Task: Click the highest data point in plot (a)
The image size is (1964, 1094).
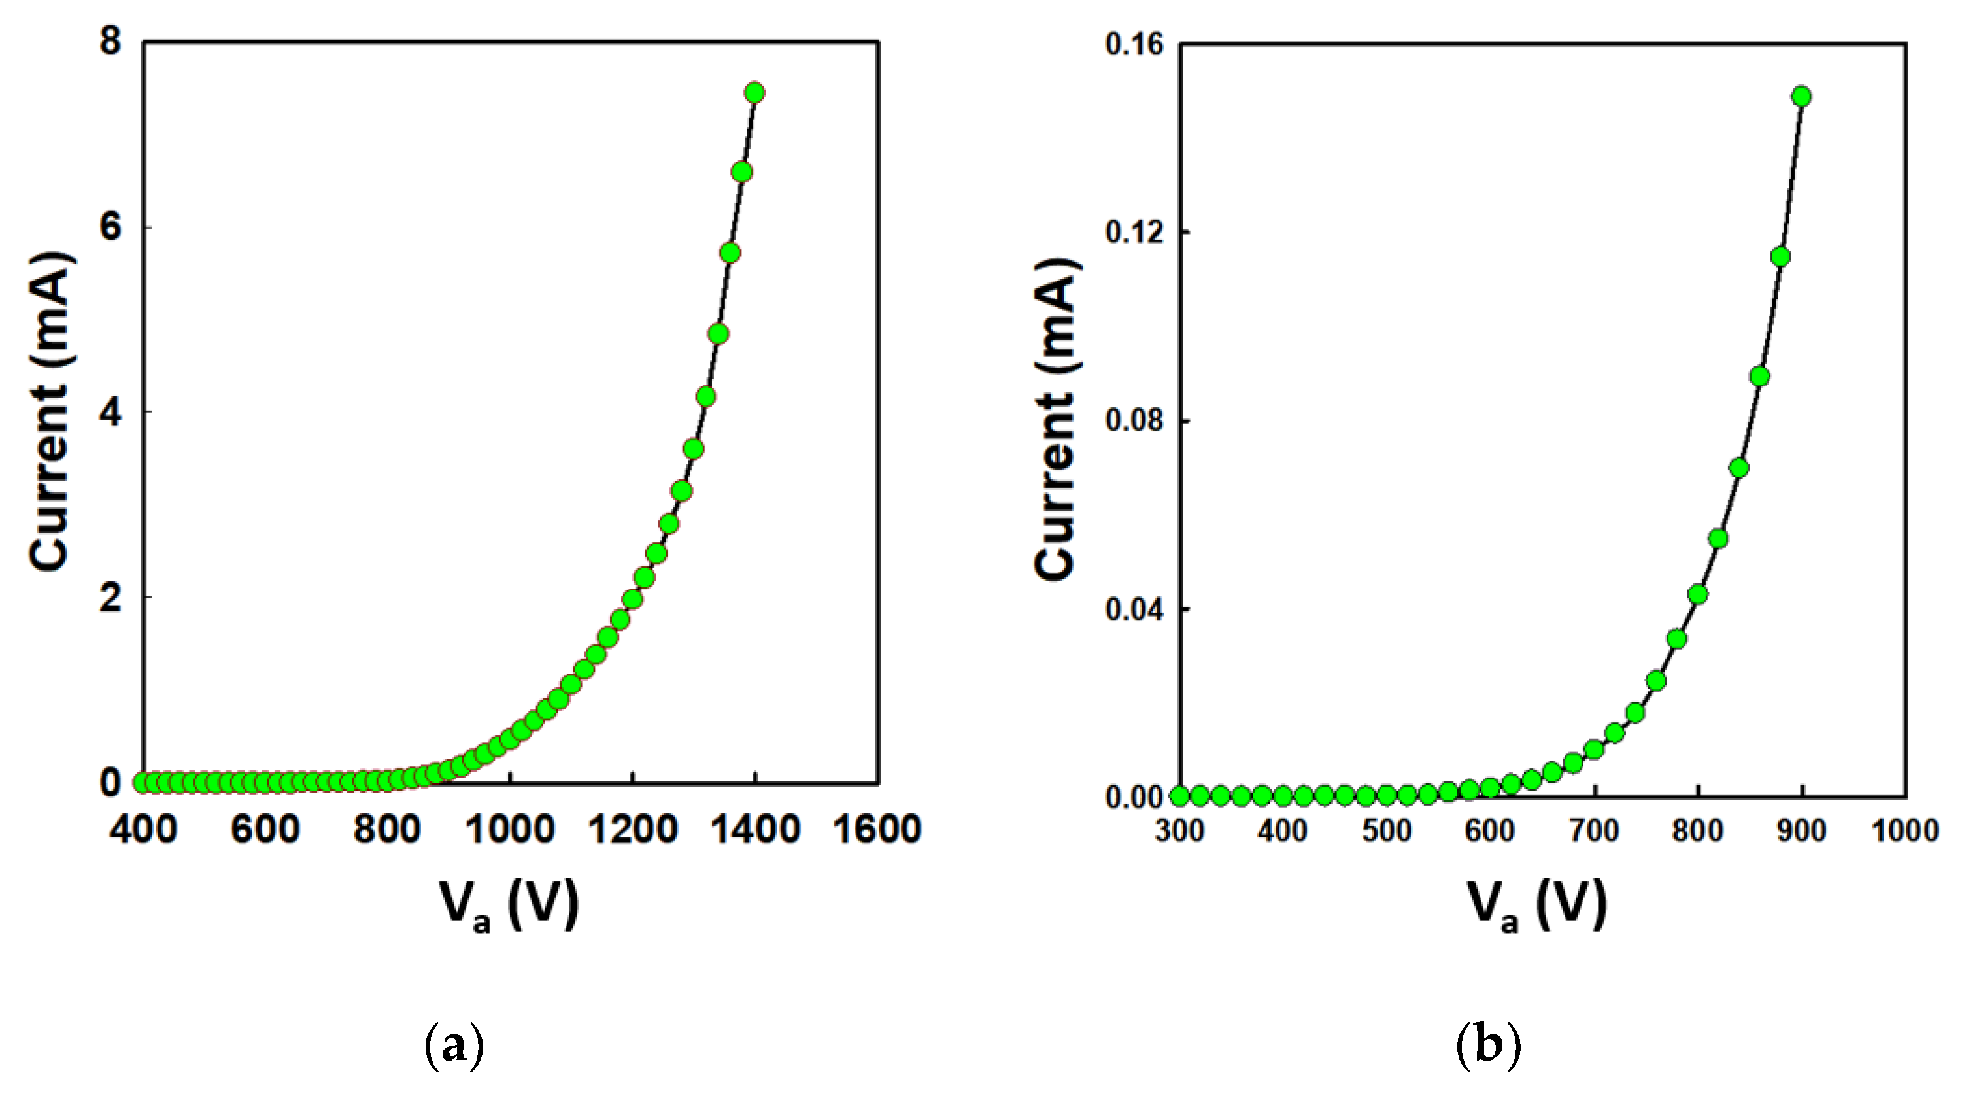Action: (754, 93)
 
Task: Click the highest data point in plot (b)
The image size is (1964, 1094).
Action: (1801, 96)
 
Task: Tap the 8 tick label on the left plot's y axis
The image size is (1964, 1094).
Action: (110, 41)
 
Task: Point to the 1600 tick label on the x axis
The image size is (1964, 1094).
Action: (877, 829)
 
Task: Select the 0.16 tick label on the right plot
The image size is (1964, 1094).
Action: (1135, 44)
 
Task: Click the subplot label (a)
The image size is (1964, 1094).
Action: (454, 1046)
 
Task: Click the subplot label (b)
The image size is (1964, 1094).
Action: (1488, 1046)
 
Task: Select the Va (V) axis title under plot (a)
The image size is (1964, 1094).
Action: (509, 906)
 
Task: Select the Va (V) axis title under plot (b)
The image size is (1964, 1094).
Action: (1537, 906)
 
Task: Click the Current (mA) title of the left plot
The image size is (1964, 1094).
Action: (51, 412)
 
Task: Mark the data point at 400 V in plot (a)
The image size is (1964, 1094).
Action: (143, 782)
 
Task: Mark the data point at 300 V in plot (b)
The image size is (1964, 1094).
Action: (1179, 796)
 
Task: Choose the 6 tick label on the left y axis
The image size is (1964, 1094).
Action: (110, 227)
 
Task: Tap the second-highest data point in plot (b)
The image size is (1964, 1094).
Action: (1780, 258)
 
